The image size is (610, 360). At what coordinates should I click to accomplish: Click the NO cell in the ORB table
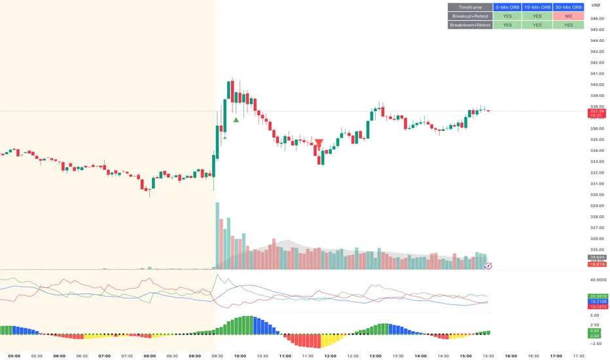[x=567, y=16]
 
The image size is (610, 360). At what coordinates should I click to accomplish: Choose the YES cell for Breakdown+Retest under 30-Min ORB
[x=567, y=25]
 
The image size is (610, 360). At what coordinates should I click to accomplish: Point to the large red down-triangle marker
[x=319, y=143]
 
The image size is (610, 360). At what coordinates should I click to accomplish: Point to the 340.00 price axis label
[x=596, y=84]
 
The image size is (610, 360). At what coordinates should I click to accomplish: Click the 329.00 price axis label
[x=596, y=206]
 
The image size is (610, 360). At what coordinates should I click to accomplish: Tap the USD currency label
[x=596, y=5]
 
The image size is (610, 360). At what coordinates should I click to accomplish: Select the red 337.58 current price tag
[x=596, y=112]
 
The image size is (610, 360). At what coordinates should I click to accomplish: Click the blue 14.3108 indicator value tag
[x=596, y=302]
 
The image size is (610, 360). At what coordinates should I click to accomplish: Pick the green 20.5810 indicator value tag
[x=596, y=297]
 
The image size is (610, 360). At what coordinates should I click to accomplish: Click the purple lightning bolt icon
[x=488, y=266]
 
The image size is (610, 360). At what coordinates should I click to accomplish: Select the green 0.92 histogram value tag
[x=594, y=331]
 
